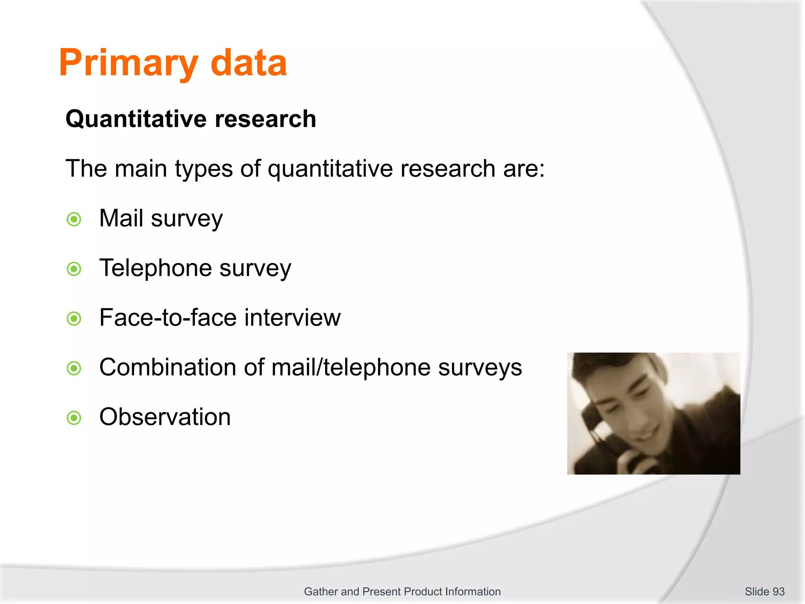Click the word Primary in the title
click(128, 63)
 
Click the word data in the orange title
click(248, 63)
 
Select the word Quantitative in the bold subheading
click(136, 119)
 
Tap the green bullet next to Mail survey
click(74, 219)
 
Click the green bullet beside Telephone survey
click(74, 269)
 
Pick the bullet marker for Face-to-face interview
click(74, 319)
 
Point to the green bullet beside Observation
click(74, 418)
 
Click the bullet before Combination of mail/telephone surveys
click(74, 368)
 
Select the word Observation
click(165, 417)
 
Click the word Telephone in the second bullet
click(155, 268)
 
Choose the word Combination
click(167, 367)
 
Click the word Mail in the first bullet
click(121, 218)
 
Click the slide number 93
click(778, 591)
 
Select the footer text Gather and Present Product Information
click(402, 591)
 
